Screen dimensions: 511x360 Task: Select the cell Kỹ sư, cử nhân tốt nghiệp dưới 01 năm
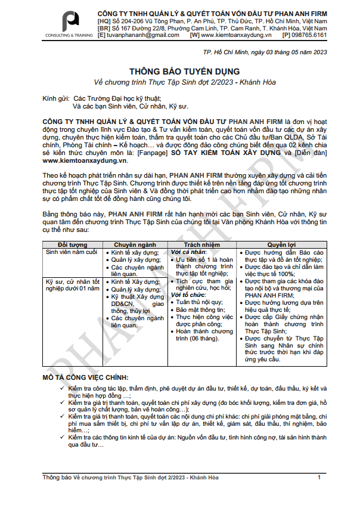click(73, 284)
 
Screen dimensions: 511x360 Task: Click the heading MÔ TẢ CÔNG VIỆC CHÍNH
click(85, 377)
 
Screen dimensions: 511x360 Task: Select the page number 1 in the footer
click(319, 478)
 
